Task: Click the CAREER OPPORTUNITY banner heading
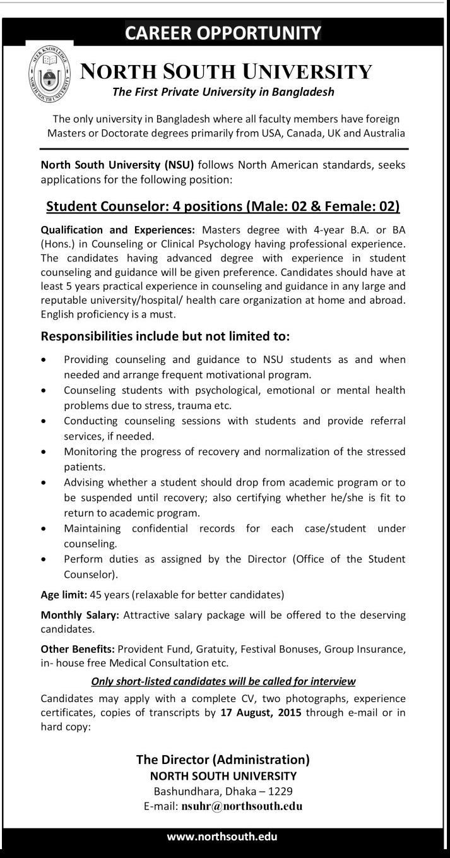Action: (223, 33)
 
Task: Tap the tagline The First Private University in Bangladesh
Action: (223, 92)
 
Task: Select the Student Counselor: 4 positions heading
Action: (223, 206)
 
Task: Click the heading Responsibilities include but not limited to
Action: (165, 335)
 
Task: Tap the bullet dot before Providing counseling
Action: (43, 360)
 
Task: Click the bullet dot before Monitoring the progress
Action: (43, 452)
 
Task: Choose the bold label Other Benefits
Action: (78, 648)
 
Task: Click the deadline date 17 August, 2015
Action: (261, 712)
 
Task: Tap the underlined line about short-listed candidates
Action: (223, 681)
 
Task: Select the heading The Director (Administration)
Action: (223, 760)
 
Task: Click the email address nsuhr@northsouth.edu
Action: (242, 806)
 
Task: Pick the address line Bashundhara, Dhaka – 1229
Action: (223, 791)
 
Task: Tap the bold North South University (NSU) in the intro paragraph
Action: (118, 165)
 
